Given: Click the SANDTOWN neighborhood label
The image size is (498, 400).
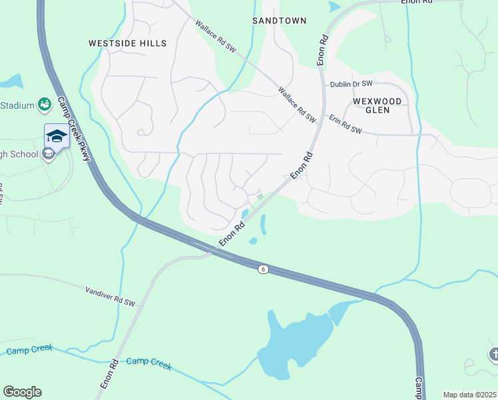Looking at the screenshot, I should click(279, 21).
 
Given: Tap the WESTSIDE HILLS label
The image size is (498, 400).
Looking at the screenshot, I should click(127, 43).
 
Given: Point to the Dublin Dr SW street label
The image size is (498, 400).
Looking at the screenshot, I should click(352, 85).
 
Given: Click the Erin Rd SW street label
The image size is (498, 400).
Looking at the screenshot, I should click(345, 125).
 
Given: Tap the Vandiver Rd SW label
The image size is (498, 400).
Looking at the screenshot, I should click(110, 297).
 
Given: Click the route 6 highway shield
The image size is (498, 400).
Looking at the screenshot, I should click(264, 269).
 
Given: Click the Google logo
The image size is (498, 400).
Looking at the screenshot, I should click(22, 391).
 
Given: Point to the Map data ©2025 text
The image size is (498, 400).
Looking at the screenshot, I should click(469, 395).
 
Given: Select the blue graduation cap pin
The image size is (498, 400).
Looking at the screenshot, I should click(57, 137).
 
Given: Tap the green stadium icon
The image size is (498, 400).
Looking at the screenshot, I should click(45, 104).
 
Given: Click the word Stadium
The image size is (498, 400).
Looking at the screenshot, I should click(17, 105).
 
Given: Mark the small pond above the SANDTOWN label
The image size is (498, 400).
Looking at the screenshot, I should click(334, 7).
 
